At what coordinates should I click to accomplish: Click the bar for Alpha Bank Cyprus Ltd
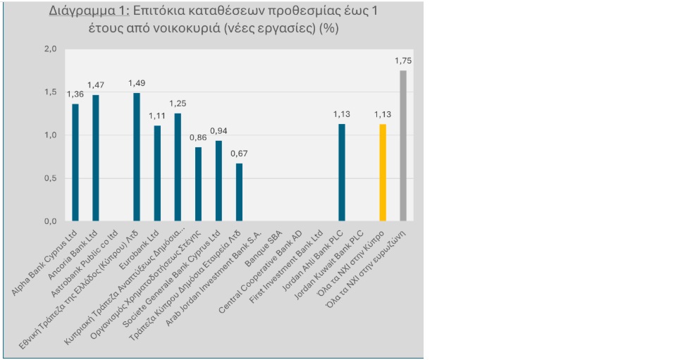(x=75, y=162)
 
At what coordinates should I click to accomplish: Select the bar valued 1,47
(x=96, y=158)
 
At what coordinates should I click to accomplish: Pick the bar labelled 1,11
(x=157, y=173)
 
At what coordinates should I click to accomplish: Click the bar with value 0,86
(x=198, y=184)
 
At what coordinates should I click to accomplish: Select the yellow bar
(x=383, y=173)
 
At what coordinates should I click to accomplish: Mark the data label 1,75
(x=403, y=61)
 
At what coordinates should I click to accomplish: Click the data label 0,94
(x=218, y=131)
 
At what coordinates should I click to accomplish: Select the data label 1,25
(x=178, y=104)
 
